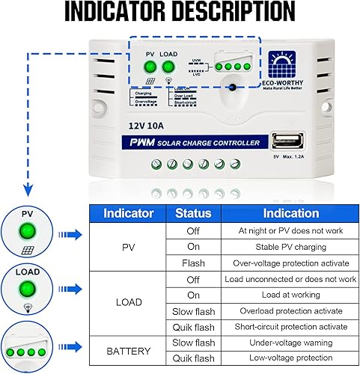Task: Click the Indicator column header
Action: (128, 212)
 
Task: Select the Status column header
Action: (193, 212)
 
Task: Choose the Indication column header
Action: (290, 212)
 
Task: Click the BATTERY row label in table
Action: (128, 349)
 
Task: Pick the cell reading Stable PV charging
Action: (290, 247)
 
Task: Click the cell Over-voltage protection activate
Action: (290, 263)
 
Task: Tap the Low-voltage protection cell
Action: (290, 358)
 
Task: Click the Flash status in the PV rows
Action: (193, 263)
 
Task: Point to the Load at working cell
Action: (290, 295)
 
